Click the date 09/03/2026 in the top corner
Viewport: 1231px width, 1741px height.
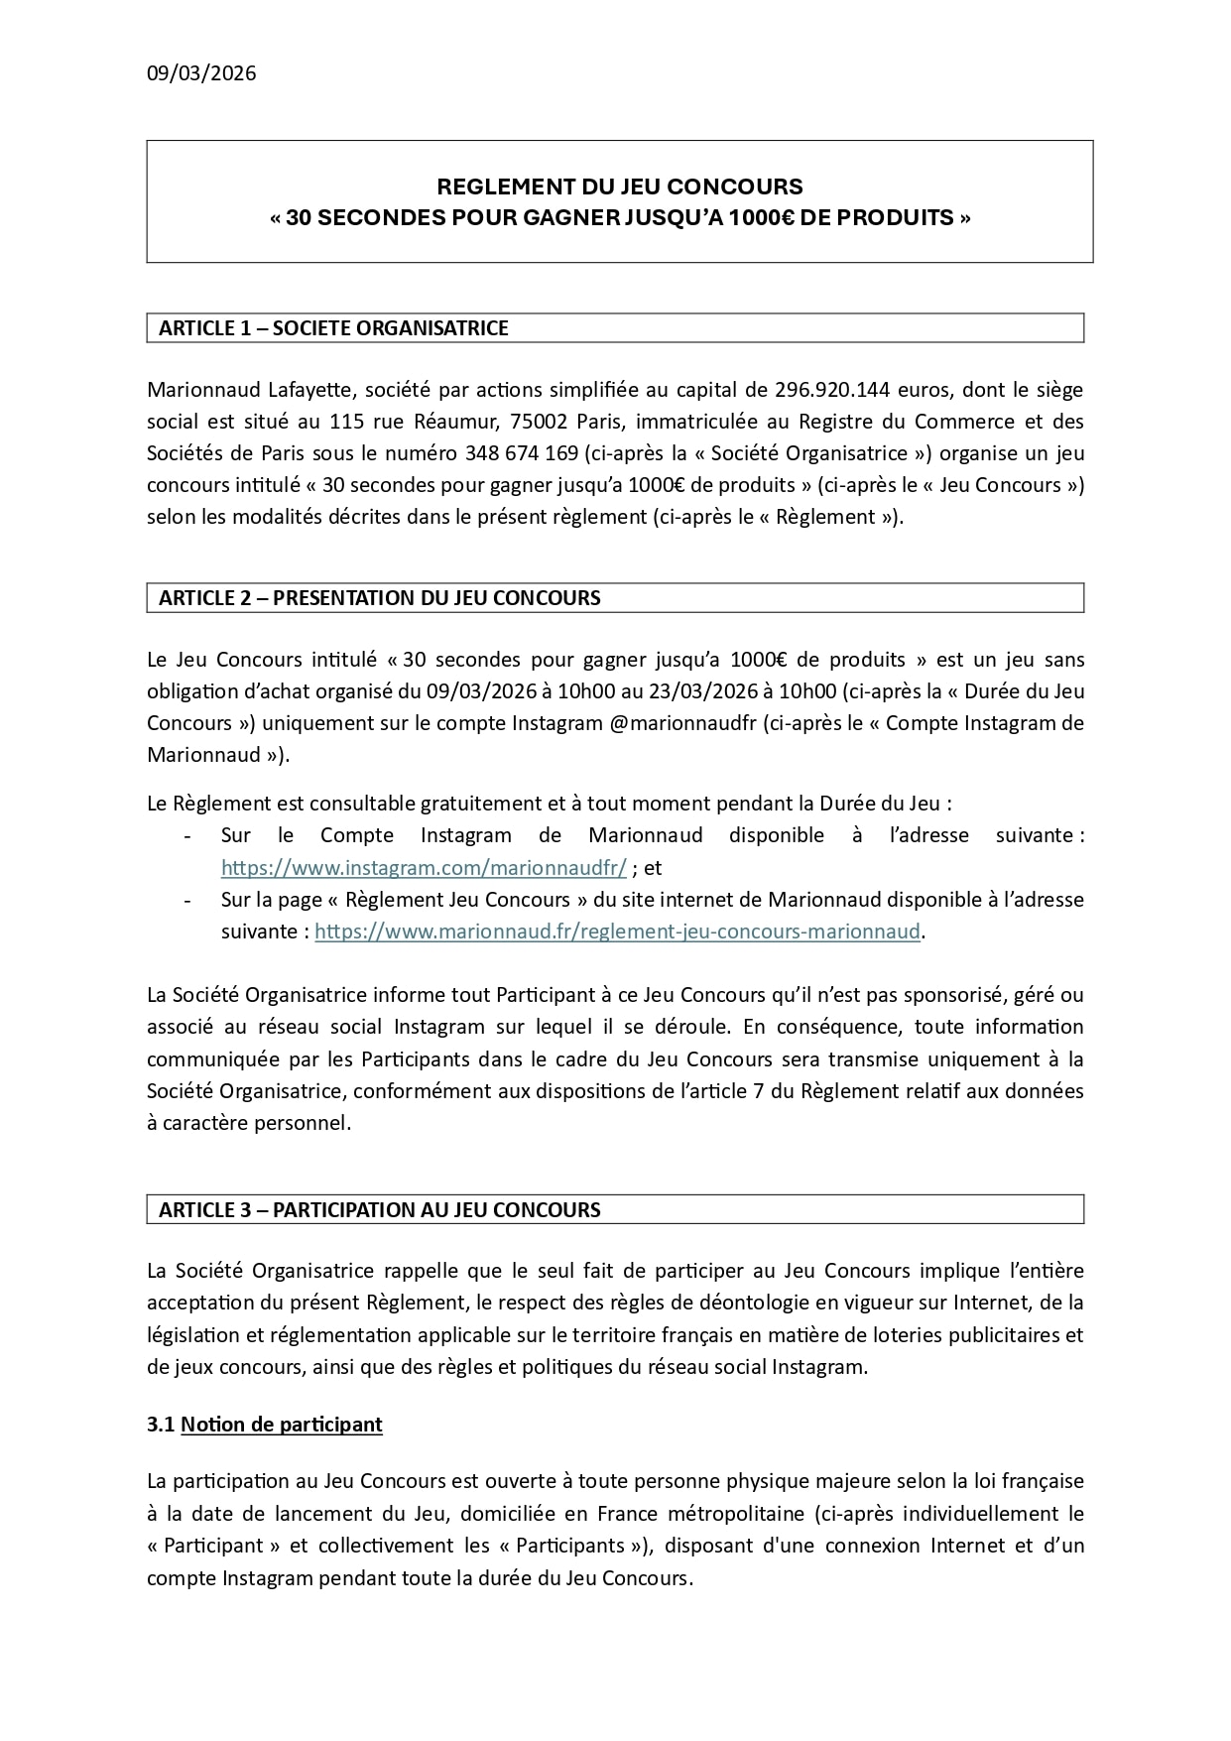click(x=201, y=73)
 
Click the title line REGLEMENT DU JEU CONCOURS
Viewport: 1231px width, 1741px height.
click(x=620, y=187)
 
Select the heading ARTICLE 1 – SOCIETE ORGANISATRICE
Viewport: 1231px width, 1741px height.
click(x=333, y=328)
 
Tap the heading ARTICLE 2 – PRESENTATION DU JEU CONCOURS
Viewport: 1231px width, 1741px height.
click(x=379, y=598)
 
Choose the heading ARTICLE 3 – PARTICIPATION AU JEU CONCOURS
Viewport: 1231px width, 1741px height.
click(x=379, y=1210)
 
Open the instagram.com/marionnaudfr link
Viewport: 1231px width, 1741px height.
click(x=424, y=868)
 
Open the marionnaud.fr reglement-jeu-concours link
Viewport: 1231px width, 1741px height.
click(x=617, y=932)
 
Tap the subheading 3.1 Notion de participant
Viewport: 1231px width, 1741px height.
click(x=265, y=1425)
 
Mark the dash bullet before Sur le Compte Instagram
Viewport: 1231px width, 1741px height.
click(x=187, y=836)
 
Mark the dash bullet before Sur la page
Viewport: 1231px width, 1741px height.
click(x=187, y=900)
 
